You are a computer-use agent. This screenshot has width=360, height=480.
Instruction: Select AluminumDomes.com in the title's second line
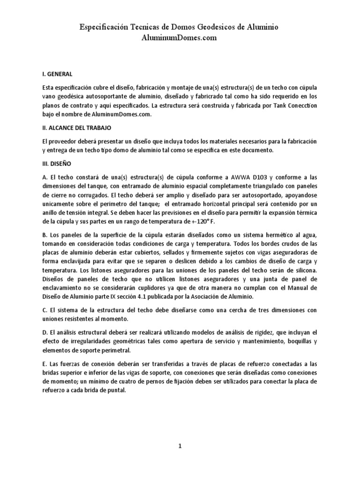tap(180, 38)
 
